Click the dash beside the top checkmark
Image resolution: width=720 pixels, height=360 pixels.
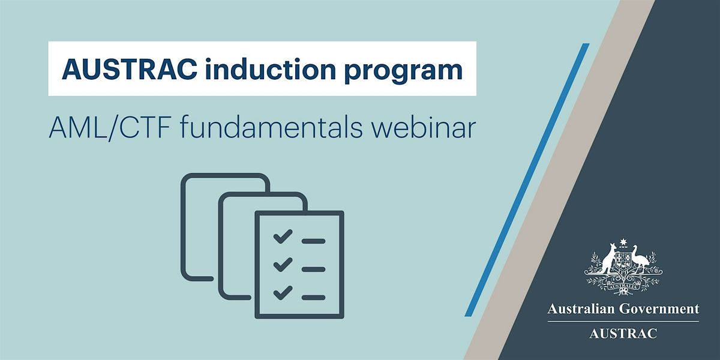click(x=313, y=241)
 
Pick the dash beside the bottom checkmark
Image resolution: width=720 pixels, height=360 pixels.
click(x=313, y=296)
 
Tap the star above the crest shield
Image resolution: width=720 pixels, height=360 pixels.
click(x=622, y=243)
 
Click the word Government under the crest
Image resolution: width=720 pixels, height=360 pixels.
click(x=666, y=310)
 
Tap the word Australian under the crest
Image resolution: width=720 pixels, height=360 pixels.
click(x=581, y=310)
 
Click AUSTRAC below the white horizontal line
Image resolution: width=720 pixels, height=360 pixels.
click(x=623, y=333)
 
